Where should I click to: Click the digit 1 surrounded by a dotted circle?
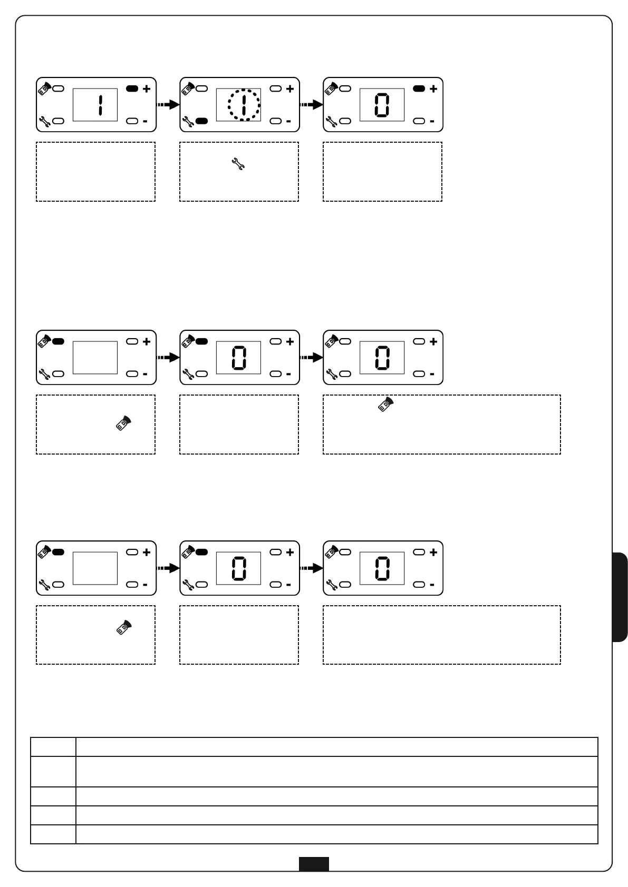(x=244, y=105)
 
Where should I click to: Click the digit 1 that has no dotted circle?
(x=100, y=105)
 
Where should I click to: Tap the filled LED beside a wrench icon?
(x=201, y=121)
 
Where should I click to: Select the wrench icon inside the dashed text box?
(x=238, y=164)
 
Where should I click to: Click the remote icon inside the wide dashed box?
(x=386, y=404)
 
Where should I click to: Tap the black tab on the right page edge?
(x=620, y=597)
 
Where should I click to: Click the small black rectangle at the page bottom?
(x=314, y=864)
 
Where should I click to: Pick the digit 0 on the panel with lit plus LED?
(x=382, y=105)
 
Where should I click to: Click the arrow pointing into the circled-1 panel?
(x=168, y=105)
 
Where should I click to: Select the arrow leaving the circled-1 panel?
(x=312, y=105)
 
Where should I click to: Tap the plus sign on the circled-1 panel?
(x=290, y=89)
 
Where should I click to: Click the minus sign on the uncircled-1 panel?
(x=146, y=121)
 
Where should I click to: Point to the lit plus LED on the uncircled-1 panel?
(x=132, y=89)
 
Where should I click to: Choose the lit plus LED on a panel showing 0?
(x=419, y=89)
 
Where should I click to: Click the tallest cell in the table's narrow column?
(x=53, y=772)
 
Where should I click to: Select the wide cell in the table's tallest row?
(x=336, y=772)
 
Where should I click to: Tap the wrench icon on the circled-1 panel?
(x=188, y=122)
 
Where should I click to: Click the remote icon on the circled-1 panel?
(x=188, y=88)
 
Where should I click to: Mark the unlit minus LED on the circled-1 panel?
(x=276, y=121)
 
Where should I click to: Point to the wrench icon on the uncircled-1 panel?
(x=44, y=122)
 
